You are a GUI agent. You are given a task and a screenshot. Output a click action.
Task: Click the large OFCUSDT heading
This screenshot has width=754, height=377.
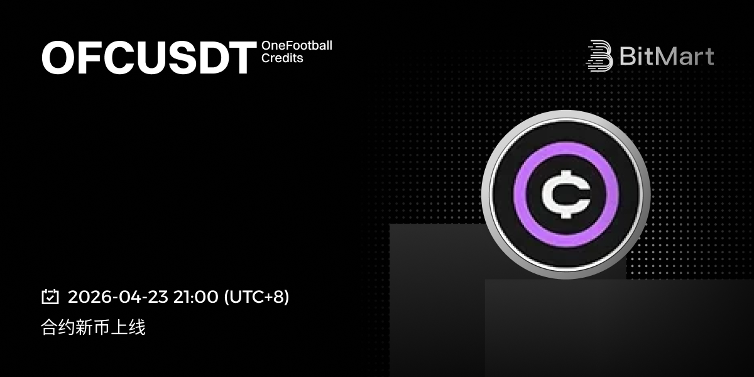[149, 58]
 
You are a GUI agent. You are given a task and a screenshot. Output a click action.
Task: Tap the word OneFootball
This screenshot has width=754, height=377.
[297, 45]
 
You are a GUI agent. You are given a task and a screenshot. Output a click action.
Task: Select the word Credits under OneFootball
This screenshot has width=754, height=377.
[282, 58]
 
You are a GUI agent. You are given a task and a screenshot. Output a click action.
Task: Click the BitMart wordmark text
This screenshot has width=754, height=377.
[667, 56]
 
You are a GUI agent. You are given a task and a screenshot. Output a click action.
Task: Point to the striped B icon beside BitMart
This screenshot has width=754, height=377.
[599, 56]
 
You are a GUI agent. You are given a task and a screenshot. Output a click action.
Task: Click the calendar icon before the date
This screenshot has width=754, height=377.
[50, 297]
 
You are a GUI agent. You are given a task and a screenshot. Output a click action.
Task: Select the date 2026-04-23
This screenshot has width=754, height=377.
[118, 297]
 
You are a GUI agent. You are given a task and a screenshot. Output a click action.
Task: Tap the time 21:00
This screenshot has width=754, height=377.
[195, 297]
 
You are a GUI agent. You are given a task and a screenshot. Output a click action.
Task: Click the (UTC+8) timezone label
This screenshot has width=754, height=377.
[256, 297]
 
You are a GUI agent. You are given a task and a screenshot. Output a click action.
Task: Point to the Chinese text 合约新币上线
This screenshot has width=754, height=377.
[93, 327]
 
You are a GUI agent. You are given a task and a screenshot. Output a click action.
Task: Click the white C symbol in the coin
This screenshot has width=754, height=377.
[565, 195]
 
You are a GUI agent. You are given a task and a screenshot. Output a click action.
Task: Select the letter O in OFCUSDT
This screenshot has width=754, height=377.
[58, 58]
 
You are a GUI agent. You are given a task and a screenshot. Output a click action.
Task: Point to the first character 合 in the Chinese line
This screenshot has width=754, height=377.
[49, 327]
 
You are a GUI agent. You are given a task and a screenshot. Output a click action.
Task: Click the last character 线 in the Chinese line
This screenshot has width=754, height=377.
[137, 327]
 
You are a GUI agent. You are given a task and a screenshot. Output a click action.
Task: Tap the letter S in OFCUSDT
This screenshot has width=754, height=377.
[182, 58]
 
